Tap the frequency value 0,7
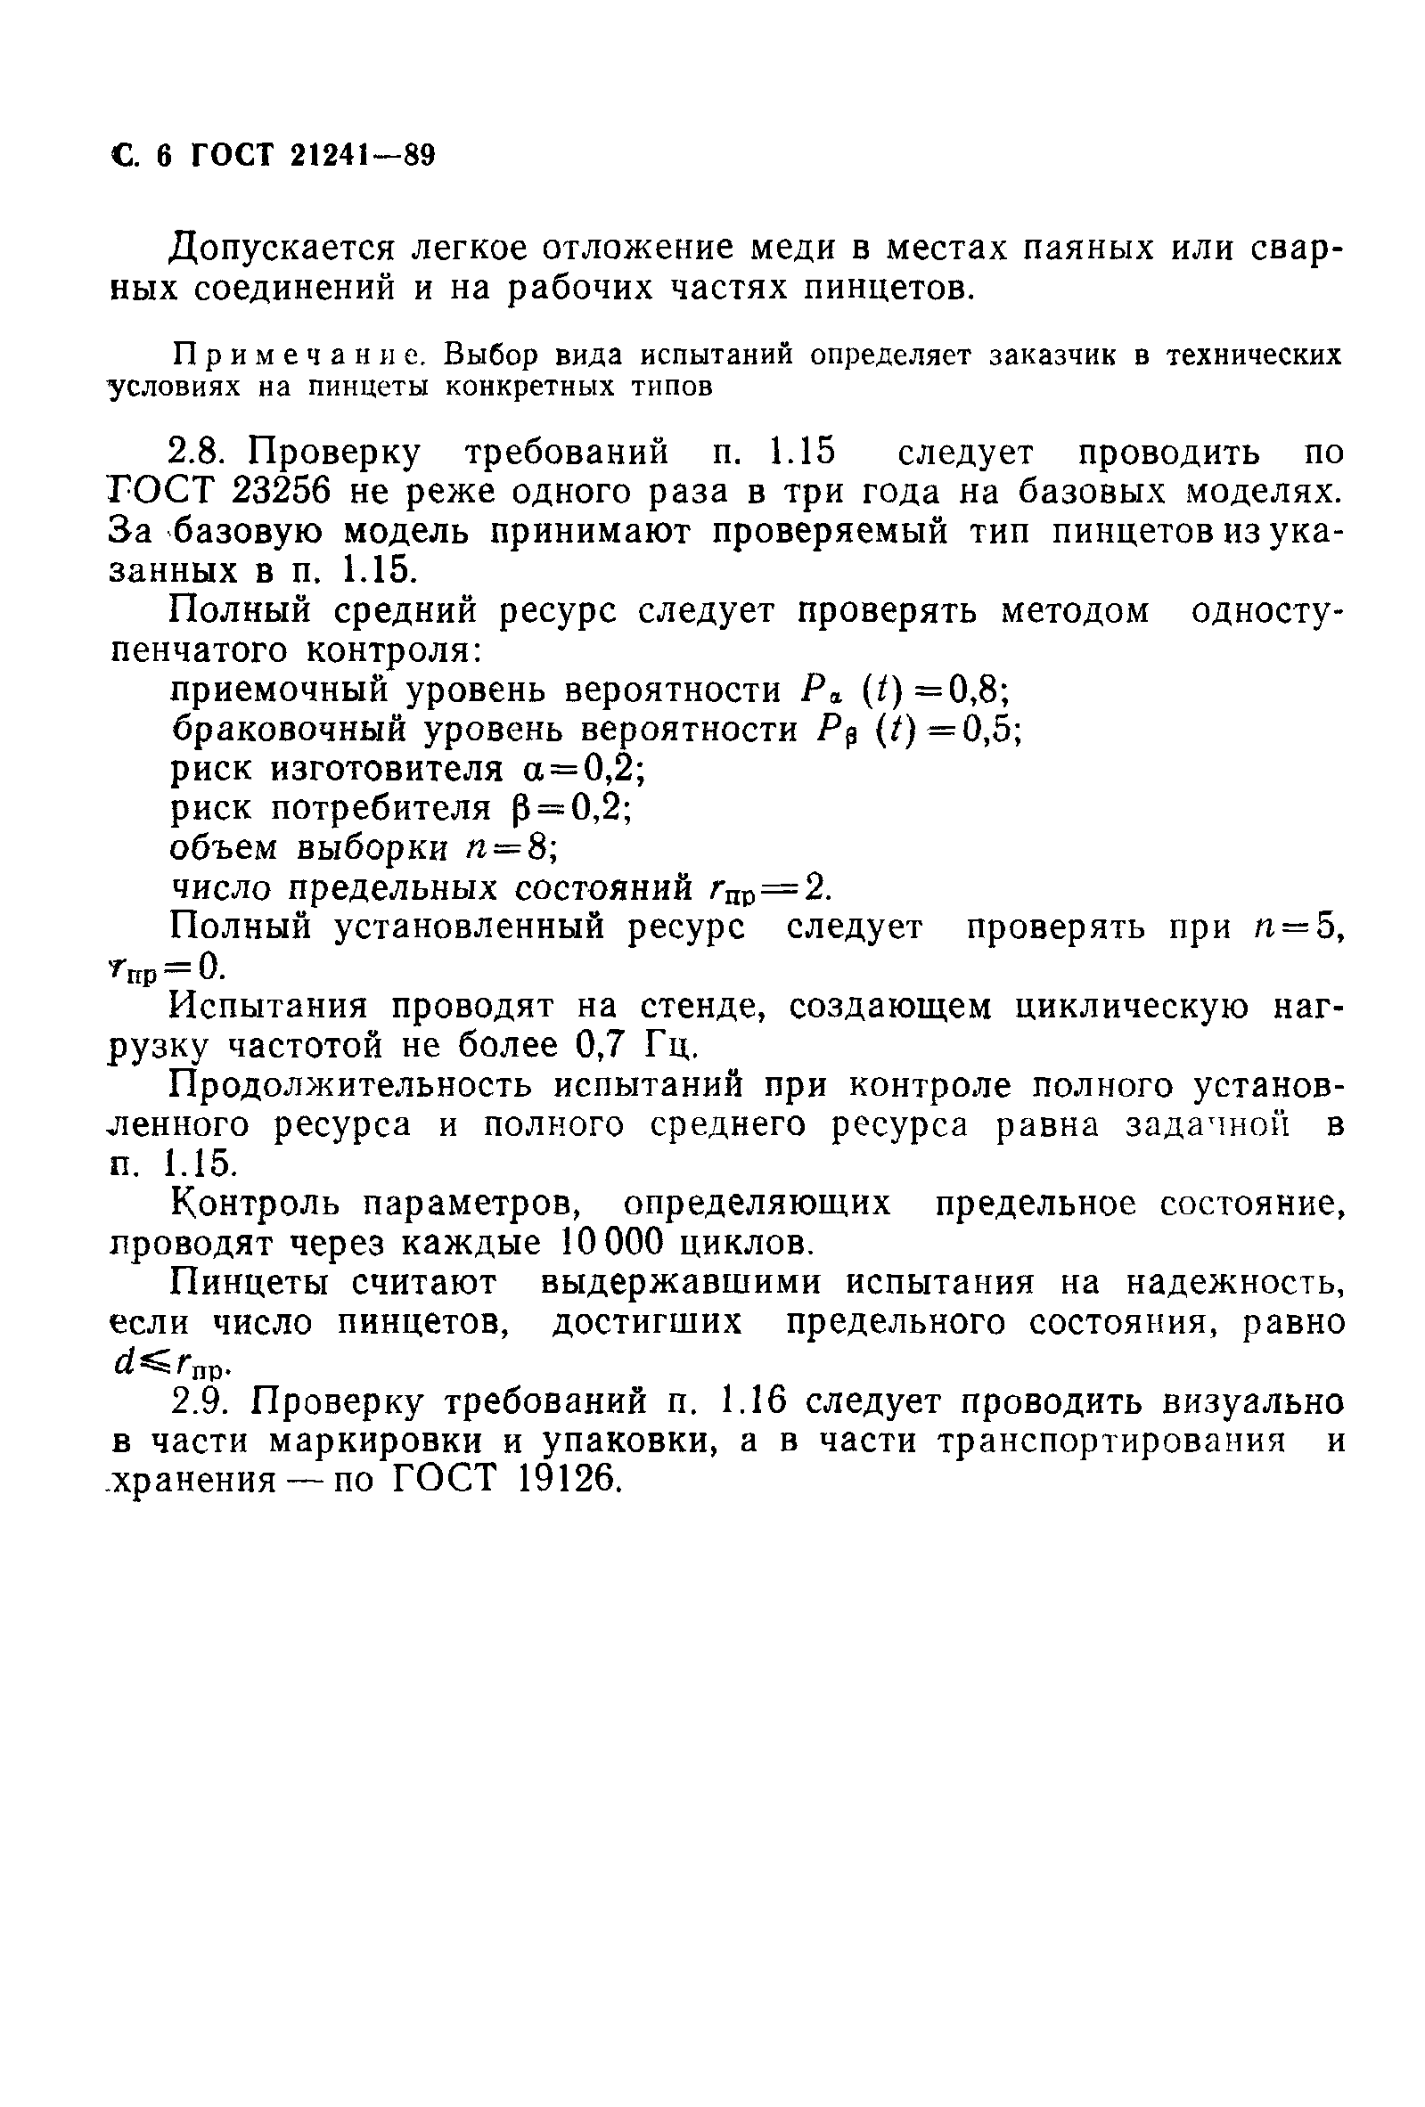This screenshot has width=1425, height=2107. pyautogui.click(x=601, y=1045)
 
